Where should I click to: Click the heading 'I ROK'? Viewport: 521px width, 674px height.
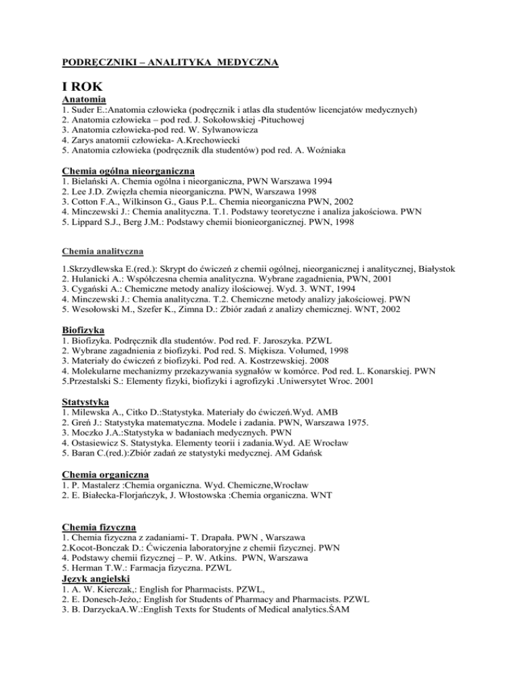pos(83,87)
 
